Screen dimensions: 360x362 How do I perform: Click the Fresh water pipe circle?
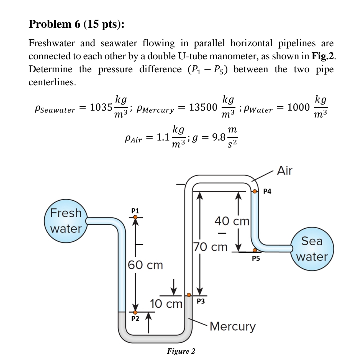click(x=66, y=221)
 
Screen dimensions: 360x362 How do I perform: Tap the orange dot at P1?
click(x=135, y=217)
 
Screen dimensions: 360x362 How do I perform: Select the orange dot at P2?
click(x=135, y=312)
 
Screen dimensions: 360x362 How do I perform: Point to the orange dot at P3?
click(x=189, y=295)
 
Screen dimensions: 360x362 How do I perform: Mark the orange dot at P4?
click(x=255, y=192)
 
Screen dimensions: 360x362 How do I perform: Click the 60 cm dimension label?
click(x=146, y=265)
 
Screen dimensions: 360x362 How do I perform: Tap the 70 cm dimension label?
click(x=211, y=247)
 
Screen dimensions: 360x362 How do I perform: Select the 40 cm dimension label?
click(x=232, y=221)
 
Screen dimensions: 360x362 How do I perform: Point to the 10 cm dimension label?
click(x=166, y=304)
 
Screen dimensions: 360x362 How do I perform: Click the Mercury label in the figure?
click(x=232, y=326)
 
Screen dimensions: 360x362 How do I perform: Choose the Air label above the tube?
click(x=285, y=171)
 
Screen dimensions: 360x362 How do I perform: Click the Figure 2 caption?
click(x=181, y=351)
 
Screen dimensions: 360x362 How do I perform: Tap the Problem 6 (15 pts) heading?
click(x=76, y=24)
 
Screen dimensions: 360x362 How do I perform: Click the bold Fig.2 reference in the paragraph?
click(x=323, y=56)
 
